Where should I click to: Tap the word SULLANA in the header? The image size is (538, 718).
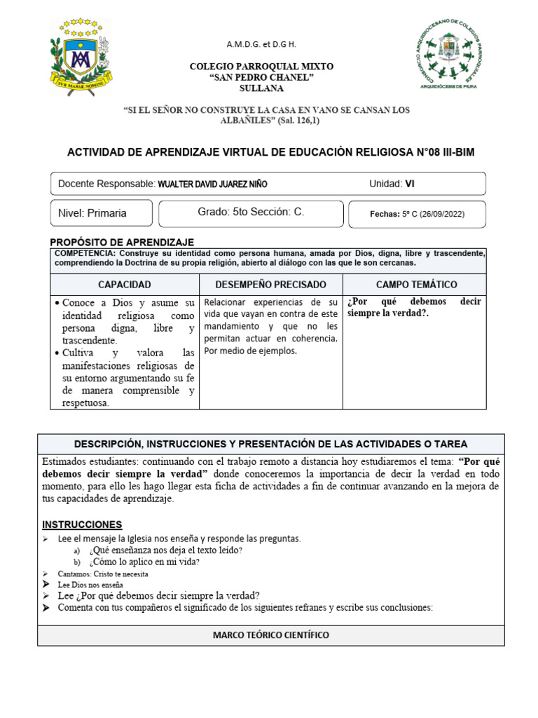coord(262,89)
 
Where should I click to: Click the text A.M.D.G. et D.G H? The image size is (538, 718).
coord(261,44)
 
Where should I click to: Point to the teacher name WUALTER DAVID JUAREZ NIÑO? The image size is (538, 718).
coord(213,184)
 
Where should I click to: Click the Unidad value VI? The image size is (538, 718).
coord(410,184)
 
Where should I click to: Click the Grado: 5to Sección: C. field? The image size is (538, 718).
coord(251,212)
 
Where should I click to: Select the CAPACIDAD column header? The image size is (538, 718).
coord(124,285)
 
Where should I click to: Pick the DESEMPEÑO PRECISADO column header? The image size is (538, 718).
coord(270,285)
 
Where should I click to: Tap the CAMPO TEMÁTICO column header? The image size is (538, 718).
coord(416,285)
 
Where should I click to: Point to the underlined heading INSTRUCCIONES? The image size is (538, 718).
coord(82,524)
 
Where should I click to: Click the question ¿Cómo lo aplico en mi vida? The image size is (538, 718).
coord(144,562)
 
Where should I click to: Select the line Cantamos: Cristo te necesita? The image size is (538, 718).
coord(104,573)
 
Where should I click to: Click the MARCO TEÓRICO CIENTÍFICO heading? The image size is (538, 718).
coord(270,635)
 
